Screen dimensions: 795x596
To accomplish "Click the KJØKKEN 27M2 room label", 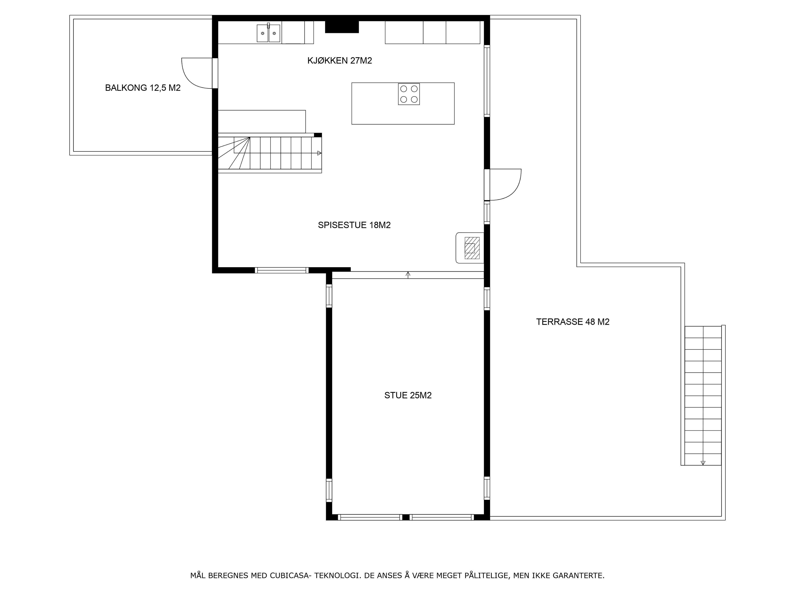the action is (340, 61).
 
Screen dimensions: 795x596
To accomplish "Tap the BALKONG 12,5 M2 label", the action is (143, 88).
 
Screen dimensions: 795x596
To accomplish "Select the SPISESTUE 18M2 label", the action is (354, 225).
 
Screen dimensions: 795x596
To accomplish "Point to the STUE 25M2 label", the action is (408, 395).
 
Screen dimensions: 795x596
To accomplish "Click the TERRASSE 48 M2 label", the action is (573, 322).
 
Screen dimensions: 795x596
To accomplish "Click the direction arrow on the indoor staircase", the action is (319, 153).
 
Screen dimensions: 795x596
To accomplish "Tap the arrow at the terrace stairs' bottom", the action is (703, 463).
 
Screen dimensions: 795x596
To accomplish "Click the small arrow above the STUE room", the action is (408, 275).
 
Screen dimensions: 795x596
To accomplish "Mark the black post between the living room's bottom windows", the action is (406, 517).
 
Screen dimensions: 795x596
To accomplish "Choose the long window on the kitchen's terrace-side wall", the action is (487, 81).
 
